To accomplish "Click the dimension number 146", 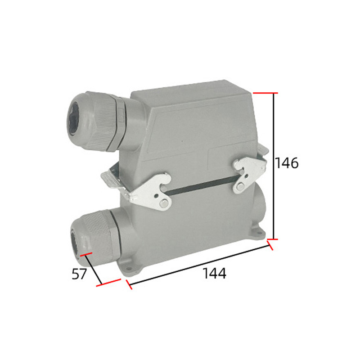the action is (287, 163).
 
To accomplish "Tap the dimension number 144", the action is (215, 273).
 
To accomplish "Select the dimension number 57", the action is (80, 274).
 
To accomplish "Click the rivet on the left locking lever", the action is (163, 203).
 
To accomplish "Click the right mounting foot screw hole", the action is (260, 234).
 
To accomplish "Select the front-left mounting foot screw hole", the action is (129, 268).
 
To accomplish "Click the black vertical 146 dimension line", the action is (274, 166).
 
